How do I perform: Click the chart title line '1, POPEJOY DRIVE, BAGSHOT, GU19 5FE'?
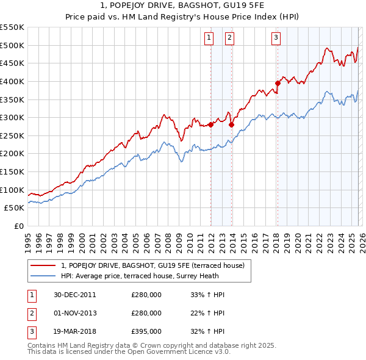click(183, 6)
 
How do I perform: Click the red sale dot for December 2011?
click(210, 124)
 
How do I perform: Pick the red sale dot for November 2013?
click(231, 124)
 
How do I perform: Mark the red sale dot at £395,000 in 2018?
click(278, 83)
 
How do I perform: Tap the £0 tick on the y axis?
click(18, 226)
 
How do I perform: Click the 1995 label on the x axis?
click(28, 241)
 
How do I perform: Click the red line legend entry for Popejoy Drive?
click(152, 265)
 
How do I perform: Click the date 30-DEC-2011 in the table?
click(75, 294)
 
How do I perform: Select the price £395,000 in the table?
click(146, 332)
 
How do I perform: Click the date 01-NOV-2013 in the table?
click(75, 313)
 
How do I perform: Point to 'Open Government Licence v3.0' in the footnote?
click(182, 351)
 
